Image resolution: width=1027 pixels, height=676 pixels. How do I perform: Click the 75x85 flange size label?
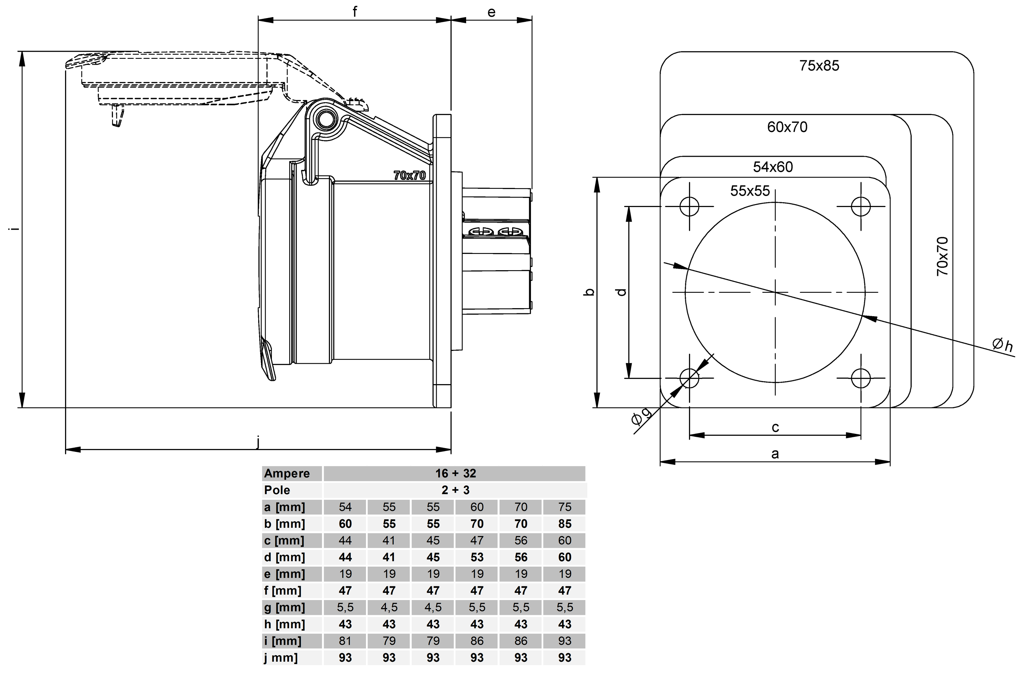(x=819, y=66)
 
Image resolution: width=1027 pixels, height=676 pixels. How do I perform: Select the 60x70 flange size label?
(x=787, y=127)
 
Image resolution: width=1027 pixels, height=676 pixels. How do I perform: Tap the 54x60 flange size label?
(x=773, y=167)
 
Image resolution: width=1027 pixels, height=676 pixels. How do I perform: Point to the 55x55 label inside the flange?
(x=750, y=191)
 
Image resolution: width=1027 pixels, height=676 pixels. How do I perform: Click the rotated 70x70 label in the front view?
(x=943, y=256)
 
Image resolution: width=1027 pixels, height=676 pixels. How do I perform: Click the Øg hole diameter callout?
(x=641, y=416)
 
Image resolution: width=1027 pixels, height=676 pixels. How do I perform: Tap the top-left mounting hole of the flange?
(x=689, y=206)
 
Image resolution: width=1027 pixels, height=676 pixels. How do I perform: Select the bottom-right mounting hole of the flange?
(x=861, y=378)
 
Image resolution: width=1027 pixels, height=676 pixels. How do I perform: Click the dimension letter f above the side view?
(x=355, y=12)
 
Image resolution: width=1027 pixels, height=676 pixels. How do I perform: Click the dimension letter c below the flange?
(x=775, y=428)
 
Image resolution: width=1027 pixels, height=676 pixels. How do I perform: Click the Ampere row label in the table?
(x=287, y=474)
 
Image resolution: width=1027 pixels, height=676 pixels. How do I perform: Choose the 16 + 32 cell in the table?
(x=455, y=474)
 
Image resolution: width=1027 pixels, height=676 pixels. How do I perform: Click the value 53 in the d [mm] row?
(x=477, y=557)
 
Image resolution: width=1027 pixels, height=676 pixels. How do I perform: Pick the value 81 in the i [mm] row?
(x=345, y=641)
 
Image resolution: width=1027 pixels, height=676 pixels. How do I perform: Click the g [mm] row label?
(x=284, y=608)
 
